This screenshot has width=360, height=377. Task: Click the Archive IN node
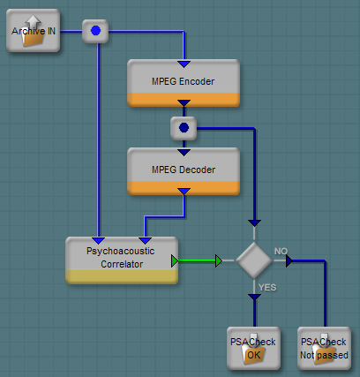click(x=33, y=31)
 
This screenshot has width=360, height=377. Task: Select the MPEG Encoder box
click(x=184, y=83)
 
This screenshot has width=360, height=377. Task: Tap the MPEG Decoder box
click(x=184, y=171)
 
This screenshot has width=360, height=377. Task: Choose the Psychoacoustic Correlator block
click(x=122, y=260)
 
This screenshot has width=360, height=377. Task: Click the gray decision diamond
click(x=254, y=260)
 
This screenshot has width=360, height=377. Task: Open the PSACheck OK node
click(x=253, y=349)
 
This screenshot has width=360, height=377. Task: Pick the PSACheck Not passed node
click(x=324, y=349)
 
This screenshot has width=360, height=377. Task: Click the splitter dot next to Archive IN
click(x=95, y=31)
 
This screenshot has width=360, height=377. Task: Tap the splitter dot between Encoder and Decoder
click(x=184, y=128)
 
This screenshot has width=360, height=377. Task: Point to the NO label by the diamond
click(x=281, y=251)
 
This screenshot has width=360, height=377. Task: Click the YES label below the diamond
click(x=267, y=287)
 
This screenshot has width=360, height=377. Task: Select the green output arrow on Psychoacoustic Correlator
click(x=175, y=261)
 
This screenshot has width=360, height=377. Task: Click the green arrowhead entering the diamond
click(x=219, y=261)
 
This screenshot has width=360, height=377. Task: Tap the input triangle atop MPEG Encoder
click(x=184, y=64)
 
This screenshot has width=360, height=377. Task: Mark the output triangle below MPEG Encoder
click(x=184, y=103)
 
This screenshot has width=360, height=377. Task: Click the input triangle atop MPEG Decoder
click(x=184, y=153)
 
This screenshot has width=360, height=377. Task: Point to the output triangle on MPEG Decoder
click(x=184, y=192)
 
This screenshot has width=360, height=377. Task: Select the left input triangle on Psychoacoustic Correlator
click(x=98, y=240)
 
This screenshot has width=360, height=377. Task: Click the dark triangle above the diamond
click(x=254, y=223)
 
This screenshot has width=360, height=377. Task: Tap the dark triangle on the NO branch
click(x=289, y=261)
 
